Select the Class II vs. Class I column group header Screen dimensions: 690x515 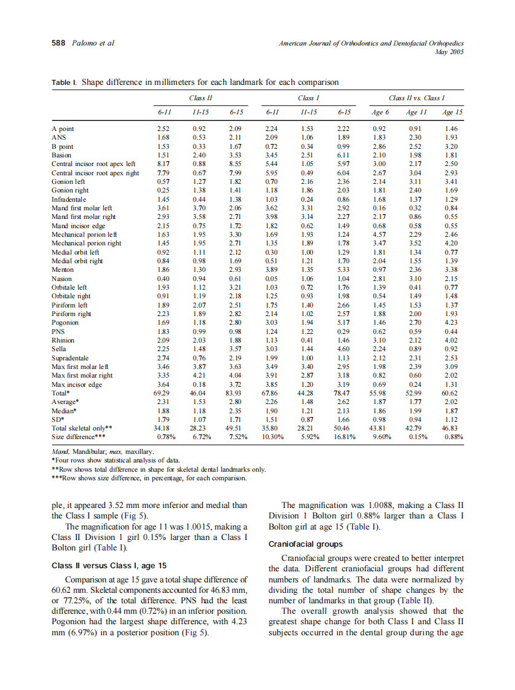417,98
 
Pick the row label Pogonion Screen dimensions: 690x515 65,322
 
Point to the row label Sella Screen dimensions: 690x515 60,349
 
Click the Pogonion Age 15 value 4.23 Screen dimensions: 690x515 452,322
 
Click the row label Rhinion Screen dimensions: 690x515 63,339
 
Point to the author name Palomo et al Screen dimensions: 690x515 93,43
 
